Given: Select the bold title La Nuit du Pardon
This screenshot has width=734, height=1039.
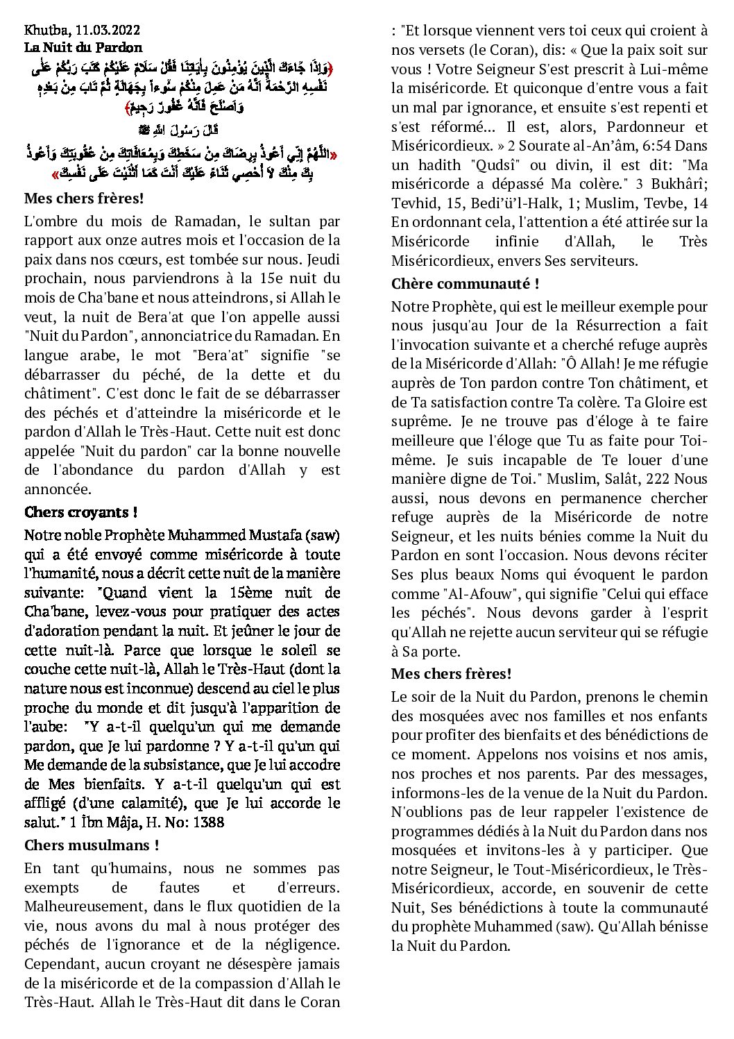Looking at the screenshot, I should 83,48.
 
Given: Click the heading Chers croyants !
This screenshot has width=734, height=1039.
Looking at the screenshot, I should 80,513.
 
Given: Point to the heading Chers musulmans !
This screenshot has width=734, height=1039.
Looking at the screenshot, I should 92,845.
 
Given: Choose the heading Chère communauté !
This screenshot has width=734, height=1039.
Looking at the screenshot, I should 465,284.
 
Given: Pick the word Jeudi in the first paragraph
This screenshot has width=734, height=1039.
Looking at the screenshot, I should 323,260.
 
